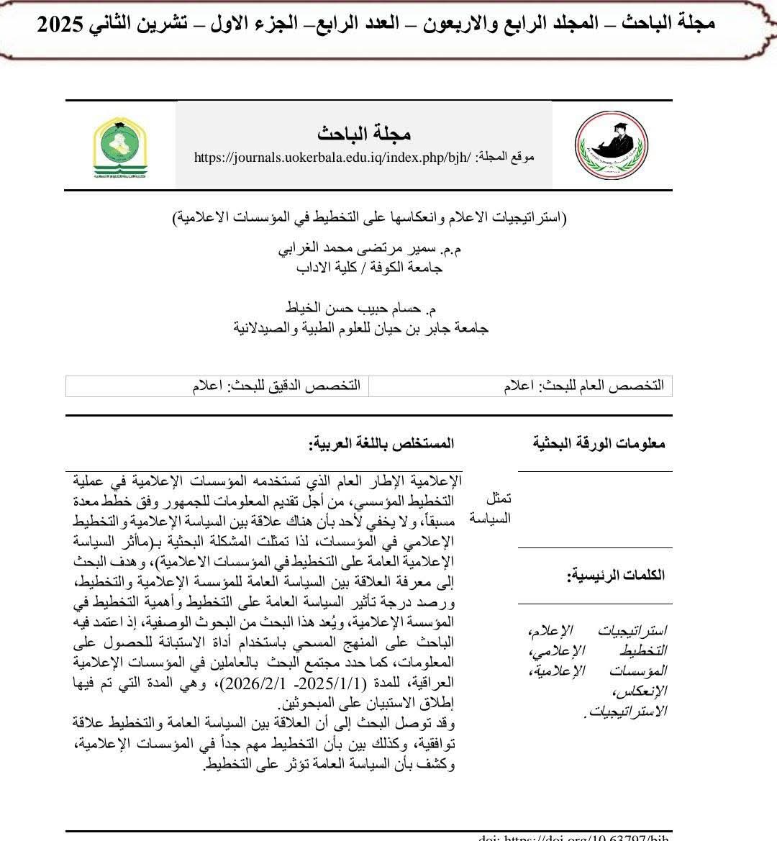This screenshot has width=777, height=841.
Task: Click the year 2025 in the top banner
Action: pyautogui.click(x=62, y=23)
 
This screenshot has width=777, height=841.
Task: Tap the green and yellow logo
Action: pyautogui.click(x=119, y=147)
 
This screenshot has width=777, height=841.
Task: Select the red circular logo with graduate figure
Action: pyautogui.click(x=612, y=146)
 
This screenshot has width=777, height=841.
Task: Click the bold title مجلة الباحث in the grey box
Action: pyautogui.click(x=364, y=133)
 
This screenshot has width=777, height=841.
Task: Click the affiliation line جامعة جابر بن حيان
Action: pyautogui.click(x=362, y=328)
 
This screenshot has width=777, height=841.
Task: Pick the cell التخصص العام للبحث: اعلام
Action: pyautogui.click(x=583, y=386)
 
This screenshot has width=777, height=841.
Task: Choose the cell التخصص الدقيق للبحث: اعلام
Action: pyautogui.click(x=277, y=386)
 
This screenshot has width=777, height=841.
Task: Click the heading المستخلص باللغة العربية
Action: pyautogui.click(x=381, y=443)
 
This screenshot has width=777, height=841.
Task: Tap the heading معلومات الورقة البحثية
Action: pyautogui.click(x=599, y=443)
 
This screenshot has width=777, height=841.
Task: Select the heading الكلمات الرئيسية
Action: pyautogui.click(x=616, y=575)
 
